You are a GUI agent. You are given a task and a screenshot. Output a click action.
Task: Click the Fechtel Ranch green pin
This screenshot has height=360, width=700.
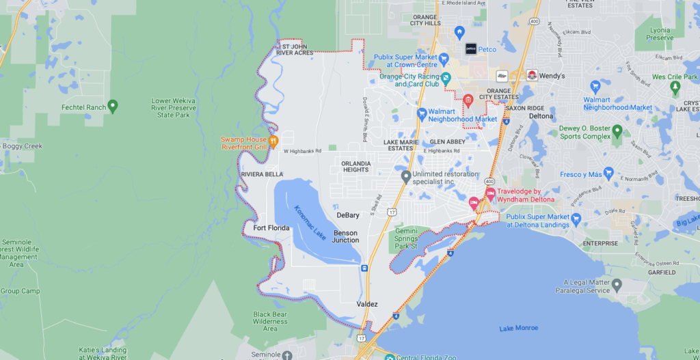[x=113, y=106]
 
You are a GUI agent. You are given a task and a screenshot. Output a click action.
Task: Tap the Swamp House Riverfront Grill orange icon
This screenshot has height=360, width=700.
[x=273, y=142]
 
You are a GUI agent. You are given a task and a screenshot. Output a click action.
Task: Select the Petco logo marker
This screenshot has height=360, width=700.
[x=471, y=49]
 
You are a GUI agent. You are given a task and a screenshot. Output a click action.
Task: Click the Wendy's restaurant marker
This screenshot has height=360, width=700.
[x=531, y=74]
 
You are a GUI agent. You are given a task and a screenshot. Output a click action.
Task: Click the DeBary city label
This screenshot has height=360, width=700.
[x=348, y=215]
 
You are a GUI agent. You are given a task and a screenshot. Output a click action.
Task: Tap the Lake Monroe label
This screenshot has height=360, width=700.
[x=519, y=329]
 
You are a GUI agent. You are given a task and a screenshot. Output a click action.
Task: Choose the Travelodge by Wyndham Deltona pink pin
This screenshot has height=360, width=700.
[x=490, y=194]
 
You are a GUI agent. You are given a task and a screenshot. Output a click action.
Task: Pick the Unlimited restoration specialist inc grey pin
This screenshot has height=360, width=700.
[x=406, y=177]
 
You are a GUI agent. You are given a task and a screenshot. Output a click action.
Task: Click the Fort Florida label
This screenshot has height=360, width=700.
[x=271, y=228]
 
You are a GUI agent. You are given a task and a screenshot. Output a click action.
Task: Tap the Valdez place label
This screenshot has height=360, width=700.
[x=367, y=304]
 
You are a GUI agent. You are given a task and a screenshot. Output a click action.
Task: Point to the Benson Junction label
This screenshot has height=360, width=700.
[x=345, y=236]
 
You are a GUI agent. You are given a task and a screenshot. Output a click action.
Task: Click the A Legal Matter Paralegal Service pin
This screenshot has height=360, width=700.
[x=617, y=284]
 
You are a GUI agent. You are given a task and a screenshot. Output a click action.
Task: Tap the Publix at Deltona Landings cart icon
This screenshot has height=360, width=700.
[x=576, y=220]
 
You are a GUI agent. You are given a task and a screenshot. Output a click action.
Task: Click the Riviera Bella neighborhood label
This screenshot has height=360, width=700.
[x=261, y=175]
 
